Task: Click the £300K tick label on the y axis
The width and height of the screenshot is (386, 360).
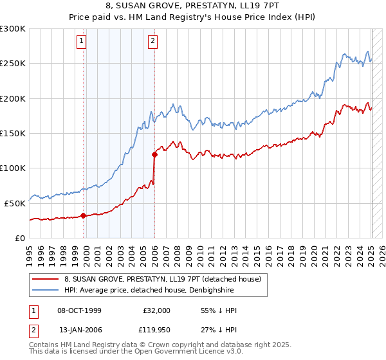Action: coord(13,29)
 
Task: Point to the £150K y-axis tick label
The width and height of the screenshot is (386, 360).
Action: coord(13,133)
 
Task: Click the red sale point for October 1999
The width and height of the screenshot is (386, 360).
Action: coord(84,215)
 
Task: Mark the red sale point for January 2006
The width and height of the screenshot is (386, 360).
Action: coord(154,154)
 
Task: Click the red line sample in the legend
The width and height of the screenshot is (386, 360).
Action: coord(45,279)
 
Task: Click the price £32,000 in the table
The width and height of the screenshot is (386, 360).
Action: coord(156,310)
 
